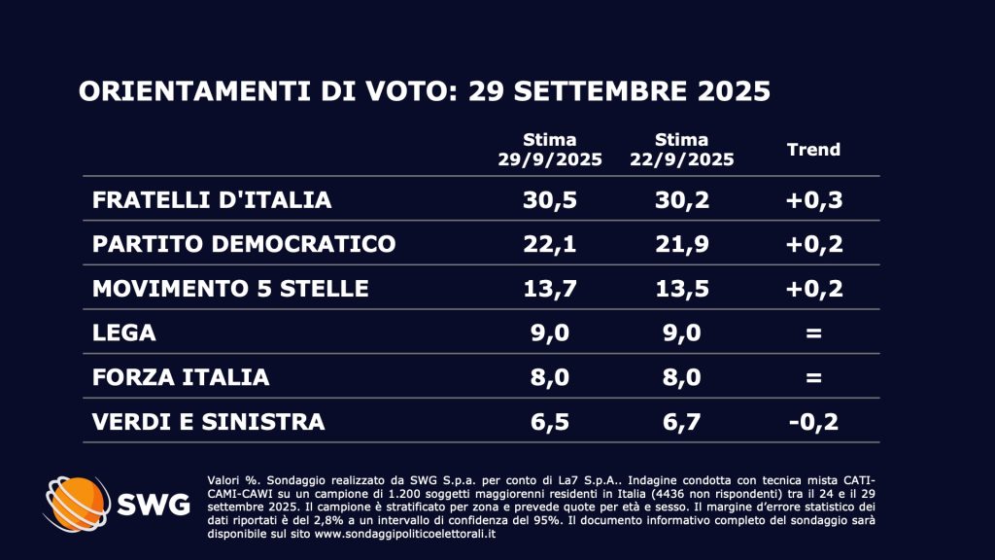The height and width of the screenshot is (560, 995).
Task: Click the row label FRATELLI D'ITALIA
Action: click(212, 200)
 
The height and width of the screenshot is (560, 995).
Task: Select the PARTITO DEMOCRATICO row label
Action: click(244, 244)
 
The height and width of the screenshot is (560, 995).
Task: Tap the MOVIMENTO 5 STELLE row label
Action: click(230, 289)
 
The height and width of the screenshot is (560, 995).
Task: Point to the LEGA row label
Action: click(124, 332)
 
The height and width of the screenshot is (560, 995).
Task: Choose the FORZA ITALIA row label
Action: click(181, 377)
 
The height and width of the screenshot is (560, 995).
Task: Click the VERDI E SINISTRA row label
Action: click(209, 421)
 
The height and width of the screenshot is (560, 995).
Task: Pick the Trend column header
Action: click(813, 150)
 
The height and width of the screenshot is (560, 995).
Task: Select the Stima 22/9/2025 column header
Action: click(681, 150)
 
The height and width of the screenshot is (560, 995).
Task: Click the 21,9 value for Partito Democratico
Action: click(681, 244)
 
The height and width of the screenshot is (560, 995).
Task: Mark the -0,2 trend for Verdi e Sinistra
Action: click(813, 421)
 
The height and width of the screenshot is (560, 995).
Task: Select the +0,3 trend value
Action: click(813, 200)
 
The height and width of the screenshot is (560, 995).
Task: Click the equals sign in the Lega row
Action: click(813, 332)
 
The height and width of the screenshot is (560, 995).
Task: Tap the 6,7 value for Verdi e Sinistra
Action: click(681, 421)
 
